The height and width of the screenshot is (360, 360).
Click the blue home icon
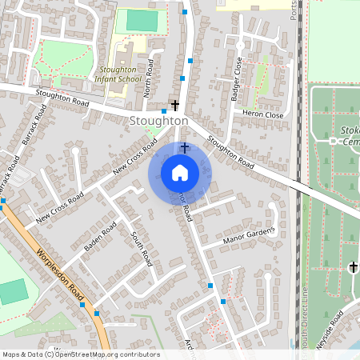[180, 173]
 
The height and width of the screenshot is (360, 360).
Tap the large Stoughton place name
[158, 121]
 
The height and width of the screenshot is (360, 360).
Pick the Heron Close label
[262, 114]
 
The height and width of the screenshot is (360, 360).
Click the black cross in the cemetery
[353, 266]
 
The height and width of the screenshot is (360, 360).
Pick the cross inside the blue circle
[185, 148]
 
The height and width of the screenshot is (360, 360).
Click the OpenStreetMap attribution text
[80, 354]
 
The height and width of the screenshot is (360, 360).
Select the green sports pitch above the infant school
[142, 21]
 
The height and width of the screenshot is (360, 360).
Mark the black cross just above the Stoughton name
[174, 105]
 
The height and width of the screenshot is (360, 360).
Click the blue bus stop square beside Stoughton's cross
[164, 110]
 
